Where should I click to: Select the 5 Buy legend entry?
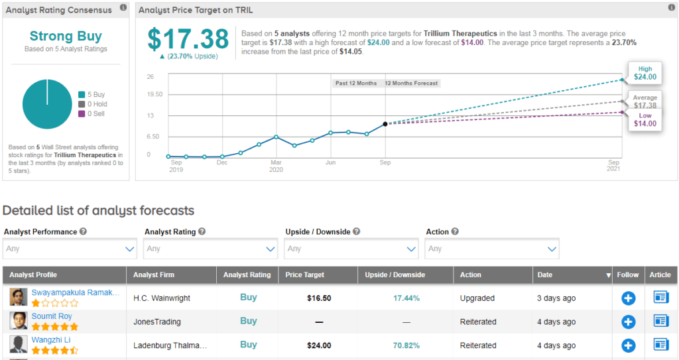[92, 94]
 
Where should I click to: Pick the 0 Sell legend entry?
[92, 114]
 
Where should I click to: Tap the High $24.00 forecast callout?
[645, 72]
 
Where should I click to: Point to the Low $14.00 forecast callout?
[645, 119]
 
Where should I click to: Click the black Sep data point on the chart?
[385, 124]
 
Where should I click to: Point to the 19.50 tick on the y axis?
[154, 94]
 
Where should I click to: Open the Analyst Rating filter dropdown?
[211, 249]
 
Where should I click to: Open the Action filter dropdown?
[492, 249]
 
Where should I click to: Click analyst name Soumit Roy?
[52, 316]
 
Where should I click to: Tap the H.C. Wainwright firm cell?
[162, 298]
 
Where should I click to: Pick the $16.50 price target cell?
[319, 298]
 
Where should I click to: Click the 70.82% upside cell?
[406, 345]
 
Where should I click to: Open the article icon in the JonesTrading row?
[661, 322]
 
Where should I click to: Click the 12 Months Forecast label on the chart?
[412, 84]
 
